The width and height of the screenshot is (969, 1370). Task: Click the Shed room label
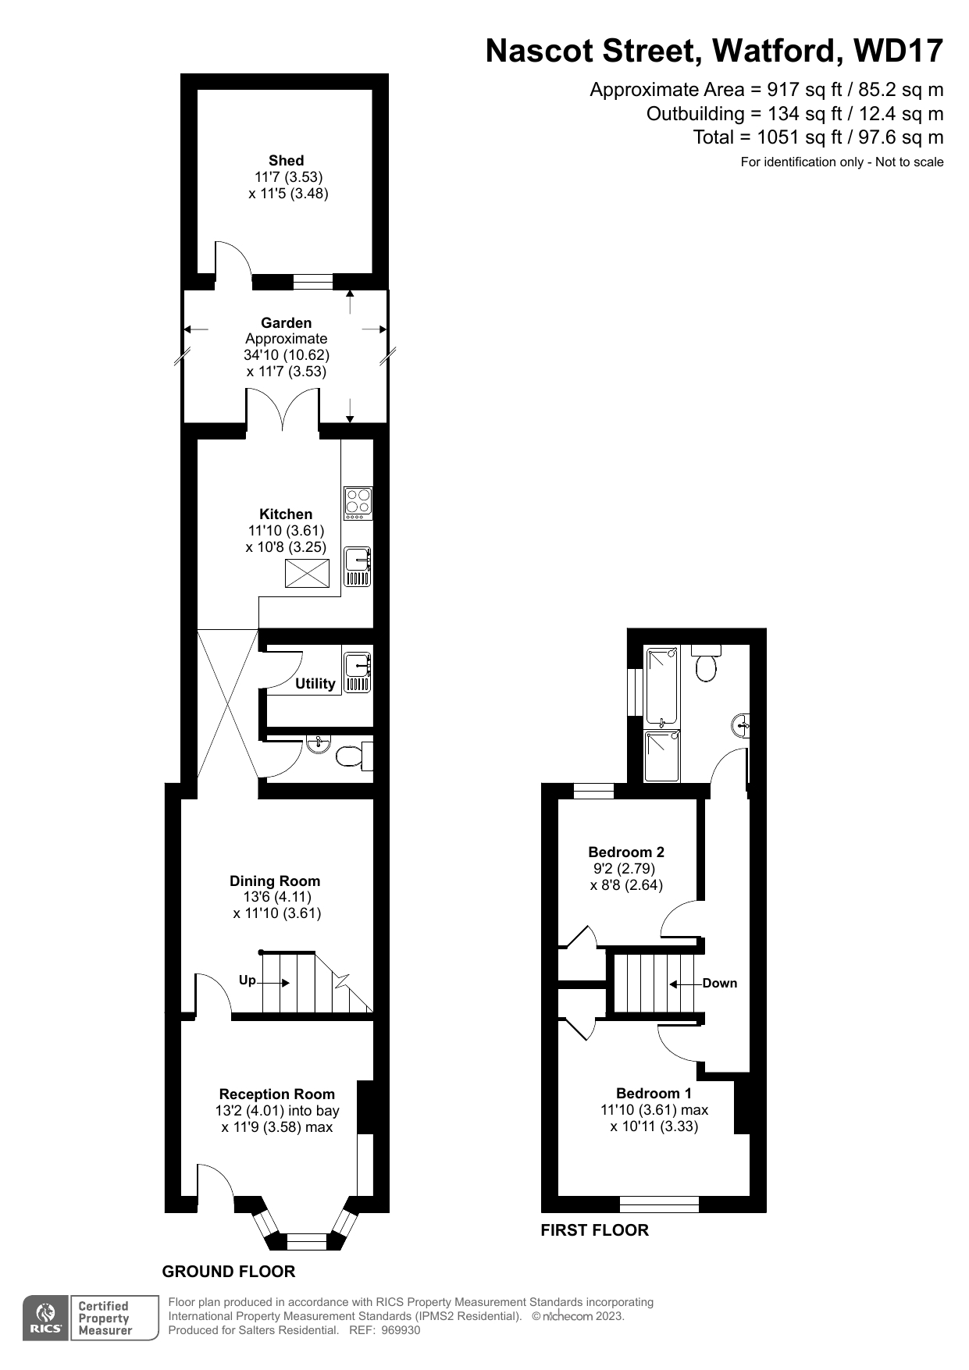tap(286, 161)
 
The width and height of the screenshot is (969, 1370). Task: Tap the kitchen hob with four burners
tap(358, 503)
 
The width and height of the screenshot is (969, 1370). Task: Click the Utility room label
tap(315, 684)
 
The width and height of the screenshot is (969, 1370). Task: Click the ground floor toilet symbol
tap(350, 756)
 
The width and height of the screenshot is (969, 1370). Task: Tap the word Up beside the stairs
tap(247, 980)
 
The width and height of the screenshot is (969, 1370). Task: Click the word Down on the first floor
tap(719, 984)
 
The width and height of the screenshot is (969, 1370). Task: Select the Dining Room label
tap(275, 881)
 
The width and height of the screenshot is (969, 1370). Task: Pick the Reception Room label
tap(276, 1094)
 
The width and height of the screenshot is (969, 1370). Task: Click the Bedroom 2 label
tap(625, 852)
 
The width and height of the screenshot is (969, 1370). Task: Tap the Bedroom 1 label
tap(654, 1094)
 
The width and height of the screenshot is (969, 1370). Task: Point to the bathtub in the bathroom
tap(661, 686)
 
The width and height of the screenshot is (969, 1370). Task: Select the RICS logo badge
tap(46, 1318)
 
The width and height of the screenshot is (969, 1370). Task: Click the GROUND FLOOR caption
tap(229, 1272)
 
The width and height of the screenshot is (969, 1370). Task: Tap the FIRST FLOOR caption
tap(594, 1230)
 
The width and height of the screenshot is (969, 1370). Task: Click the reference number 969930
tap(401, 1330)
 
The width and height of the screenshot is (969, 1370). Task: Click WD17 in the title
tap(898, 52)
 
